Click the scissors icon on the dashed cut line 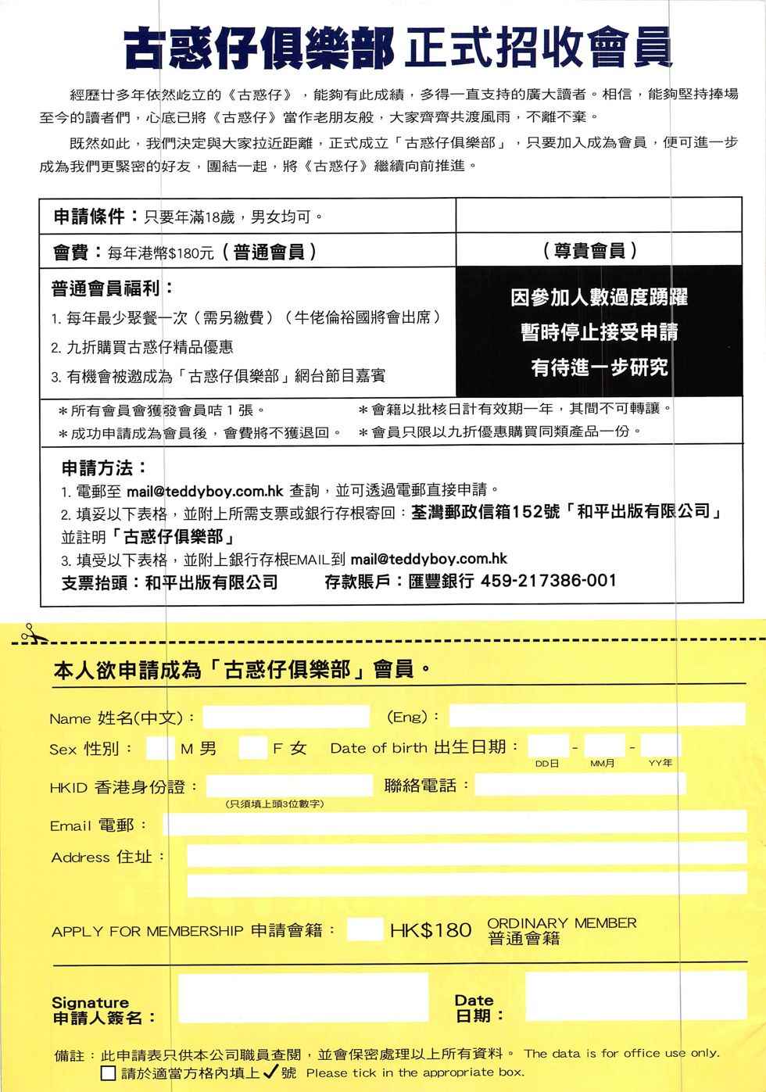[30, 634]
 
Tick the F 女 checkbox [252, 747]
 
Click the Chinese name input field [286, 716]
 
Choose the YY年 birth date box [660, 746]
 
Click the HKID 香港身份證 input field [289, 786]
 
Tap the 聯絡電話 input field [579, 784]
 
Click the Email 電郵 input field [454, 823]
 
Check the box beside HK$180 [364, 929]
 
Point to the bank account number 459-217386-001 [548, 581]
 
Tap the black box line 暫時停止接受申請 [599, 331]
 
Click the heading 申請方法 [104, 467]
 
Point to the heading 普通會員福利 [112, 288]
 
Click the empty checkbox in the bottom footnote [109, 1073]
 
